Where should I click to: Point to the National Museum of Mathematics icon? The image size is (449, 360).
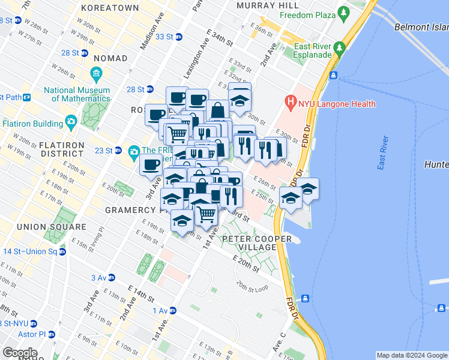[x=96, y=74]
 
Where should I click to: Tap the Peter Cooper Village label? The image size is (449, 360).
[x=257, y=243]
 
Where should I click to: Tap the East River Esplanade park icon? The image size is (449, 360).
[x=339, y=47]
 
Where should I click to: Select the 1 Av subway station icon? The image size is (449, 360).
[x=173, y=310]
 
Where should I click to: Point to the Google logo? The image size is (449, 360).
[x=20, y=352]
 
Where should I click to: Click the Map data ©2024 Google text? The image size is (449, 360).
[x=411, y=355]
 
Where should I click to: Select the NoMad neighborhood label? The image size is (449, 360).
[x=110, y=58]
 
